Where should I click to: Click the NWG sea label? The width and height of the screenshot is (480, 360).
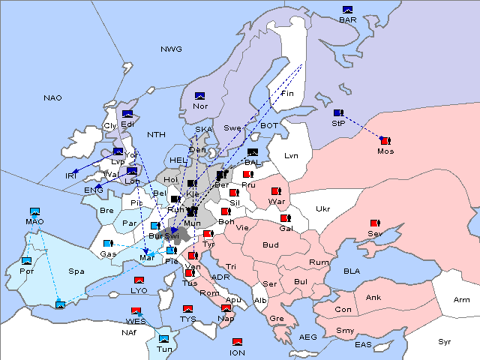(171, 49)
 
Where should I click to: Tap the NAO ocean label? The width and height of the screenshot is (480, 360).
(52, 97)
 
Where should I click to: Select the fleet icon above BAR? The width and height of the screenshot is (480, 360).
(347, 10)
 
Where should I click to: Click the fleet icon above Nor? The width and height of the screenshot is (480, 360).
(199, 96)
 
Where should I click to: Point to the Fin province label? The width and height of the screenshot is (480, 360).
(287, 94)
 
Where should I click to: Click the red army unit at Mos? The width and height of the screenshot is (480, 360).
(385, 140)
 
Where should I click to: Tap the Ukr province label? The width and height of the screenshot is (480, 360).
(322, 209)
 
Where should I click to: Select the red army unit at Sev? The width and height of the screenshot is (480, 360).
(375, 223)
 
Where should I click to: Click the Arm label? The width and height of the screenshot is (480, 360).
(462, 300)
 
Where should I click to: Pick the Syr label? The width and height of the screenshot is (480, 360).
(445, 341)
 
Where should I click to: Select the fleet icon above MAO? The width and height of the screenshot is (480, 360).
(34, 211)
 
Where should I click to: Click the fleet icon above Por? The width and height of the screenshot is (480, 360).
(27, 260)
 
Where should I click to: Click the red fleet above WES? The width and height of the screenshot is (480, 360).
(136, 310)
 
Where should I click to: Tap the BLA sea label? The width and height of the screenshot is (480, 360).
(352, 271)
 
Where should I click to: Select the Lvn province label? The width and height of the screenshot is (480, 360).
(292, 156)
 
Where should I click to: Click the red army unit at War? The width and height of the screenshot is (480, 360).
(276, 191)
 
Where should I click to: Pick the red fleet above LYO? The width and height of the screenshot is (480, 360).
(139, 280)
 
